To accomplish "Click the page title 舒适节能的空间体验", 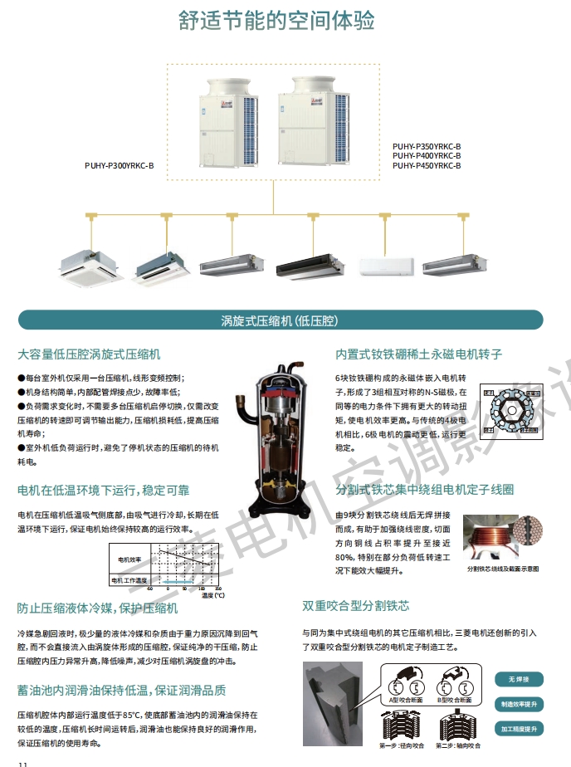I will pyautogui.click(x=277, y=20).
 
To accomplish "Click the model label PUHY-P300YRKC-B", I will pyautogui.click(x=120, y=165).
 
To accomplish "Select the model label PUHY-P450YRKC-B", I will pyautogui.click(x=426, y=166).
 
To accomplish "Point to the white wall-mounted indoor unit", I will pyautogui.click(x=385, y=265).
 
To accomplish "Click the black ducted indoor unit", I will pyautogui.click(x=310, y=266).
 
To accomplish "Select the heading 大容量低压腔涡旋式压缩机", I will pyautogui.click(x=89, y=353).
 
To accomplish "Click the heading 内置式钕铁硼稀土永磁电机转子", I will pyautogui.click(x=418, y=354).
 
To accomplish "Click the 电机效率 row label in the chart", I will pyautogui.click(x=129, y=559).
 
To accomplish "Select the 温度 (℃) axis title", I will pyautogui.click(x=212, y=594).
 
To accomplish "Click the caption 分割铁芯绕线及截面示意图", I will pyautogui.click(x=503, y=569).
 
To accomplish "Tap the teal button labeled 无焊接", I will pyautogui.click(x=519, y=679).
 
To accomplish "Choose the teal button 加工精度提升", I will pyautogui.click(x=519, y=728).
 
